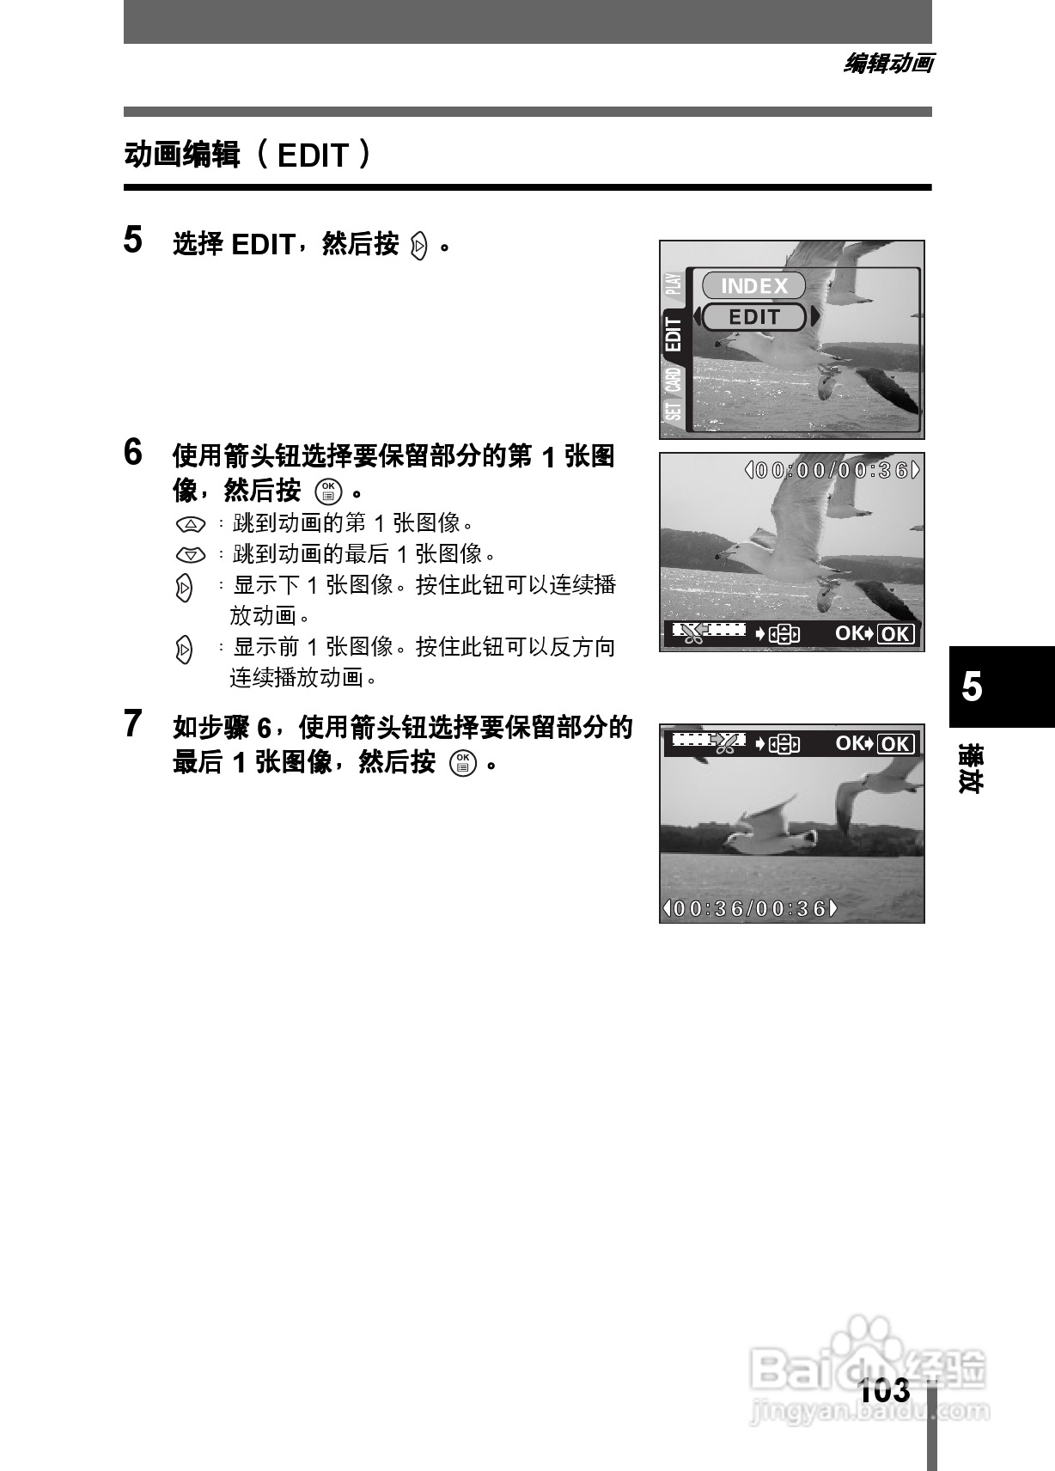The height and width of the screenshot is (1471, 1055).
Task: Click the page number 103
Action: [884, 1390]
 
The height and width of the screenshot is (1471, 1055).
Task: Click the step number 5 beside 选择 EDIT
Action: [132, 240]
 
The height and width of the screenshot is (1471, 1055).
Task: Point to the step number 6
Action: [132, 452]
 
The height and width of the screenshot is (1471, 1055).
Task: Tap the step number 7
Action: [132, 723]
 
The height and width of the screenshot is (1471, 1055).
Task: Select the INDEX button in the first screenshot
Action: [753, 286]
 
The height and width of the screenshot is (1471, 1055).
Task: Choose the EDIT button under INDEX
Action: [754, 317]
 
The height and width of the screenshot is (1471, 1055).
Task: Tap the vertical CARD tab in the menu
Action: [674, 379]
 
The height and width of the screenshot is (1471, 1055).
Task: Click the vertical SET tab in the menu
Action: [674, 412]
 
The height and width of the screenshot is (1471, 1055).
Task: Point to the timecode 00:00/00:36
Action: [832, 470]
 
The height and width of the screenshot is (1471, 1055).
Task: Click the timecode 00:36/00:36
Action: [749, 908]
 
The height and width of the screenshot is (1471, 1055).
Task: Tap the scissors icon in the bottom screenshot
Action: [727, 743]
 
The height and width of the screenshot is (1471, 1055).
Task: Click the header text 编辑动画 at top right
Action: [888, 64]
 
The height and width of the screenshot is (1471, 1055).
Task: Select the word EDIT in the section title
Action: [313, 156]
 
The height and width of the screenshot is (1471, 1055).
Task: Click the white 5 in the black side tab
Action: [972, 687]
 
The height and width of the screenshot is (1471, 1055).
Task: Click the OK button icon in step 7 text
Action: [462, 762]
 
